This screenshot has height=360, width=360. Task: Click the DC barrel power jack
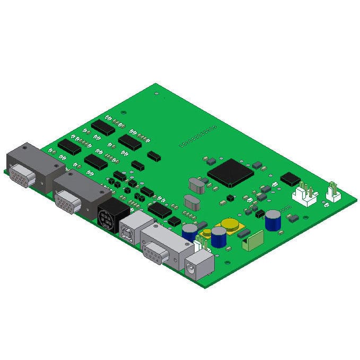(198, 266)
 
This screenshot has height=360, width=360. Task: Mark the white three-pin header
(305, 194)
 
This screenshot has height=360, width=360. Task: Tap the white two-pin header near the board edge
(333, 193)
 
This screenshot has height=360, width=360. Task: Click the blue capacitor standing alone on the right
(273, 219)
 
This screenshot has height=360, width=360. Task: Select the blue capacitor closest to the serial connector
(189, 232)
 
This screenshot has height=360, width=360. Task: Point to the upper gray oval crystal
(196, 185)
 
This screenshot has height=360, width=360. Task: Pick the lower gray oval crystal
(191, 203)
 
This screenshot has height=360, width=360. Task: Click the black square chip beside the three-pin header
(290, 179)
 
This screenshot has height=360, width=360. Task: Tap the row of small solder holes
(198, 136)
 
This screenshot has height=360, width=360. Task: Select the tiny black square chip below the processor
(230, 197)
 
